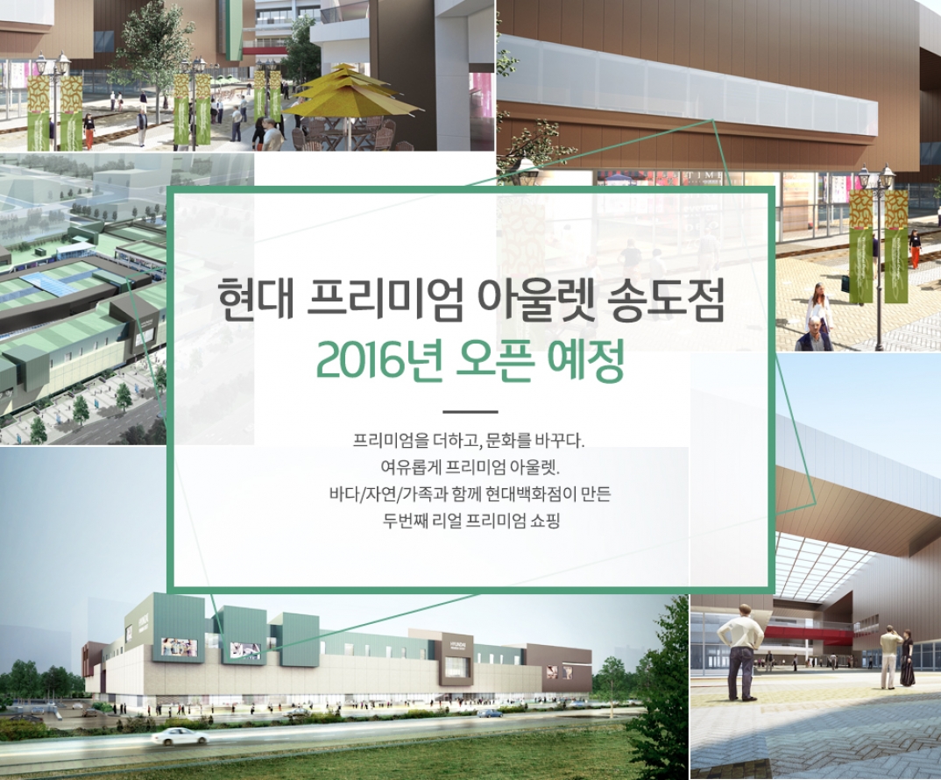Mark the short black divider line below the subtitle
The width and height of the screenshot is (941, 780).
point(470,412)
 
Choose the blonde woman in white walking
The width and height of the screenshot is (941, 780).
point(819,312)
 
